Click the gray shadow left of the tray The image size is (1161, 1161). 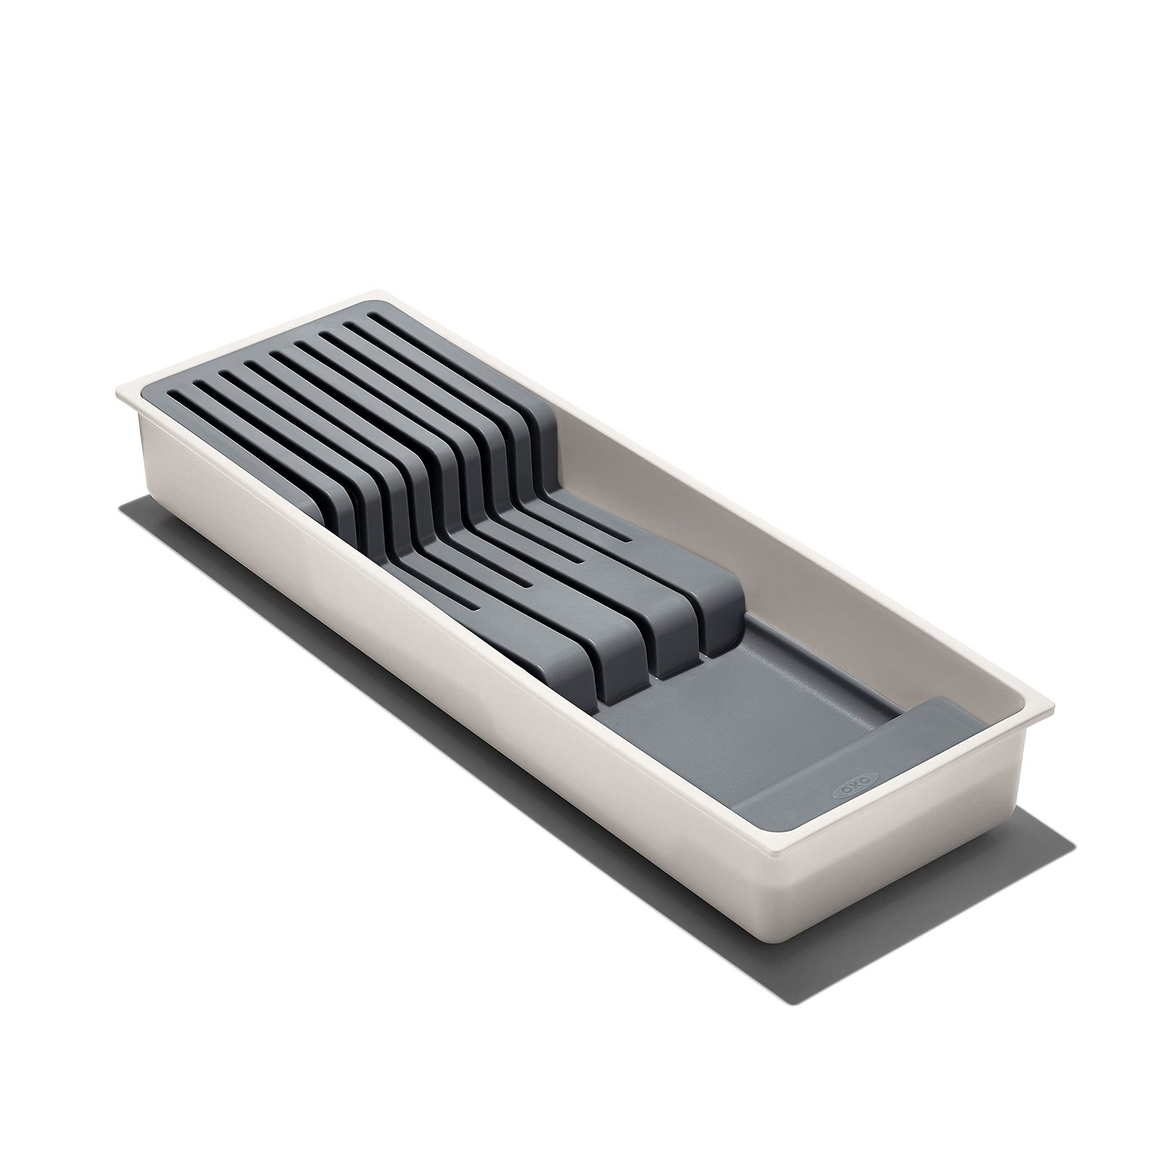(x=218, y=551)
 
